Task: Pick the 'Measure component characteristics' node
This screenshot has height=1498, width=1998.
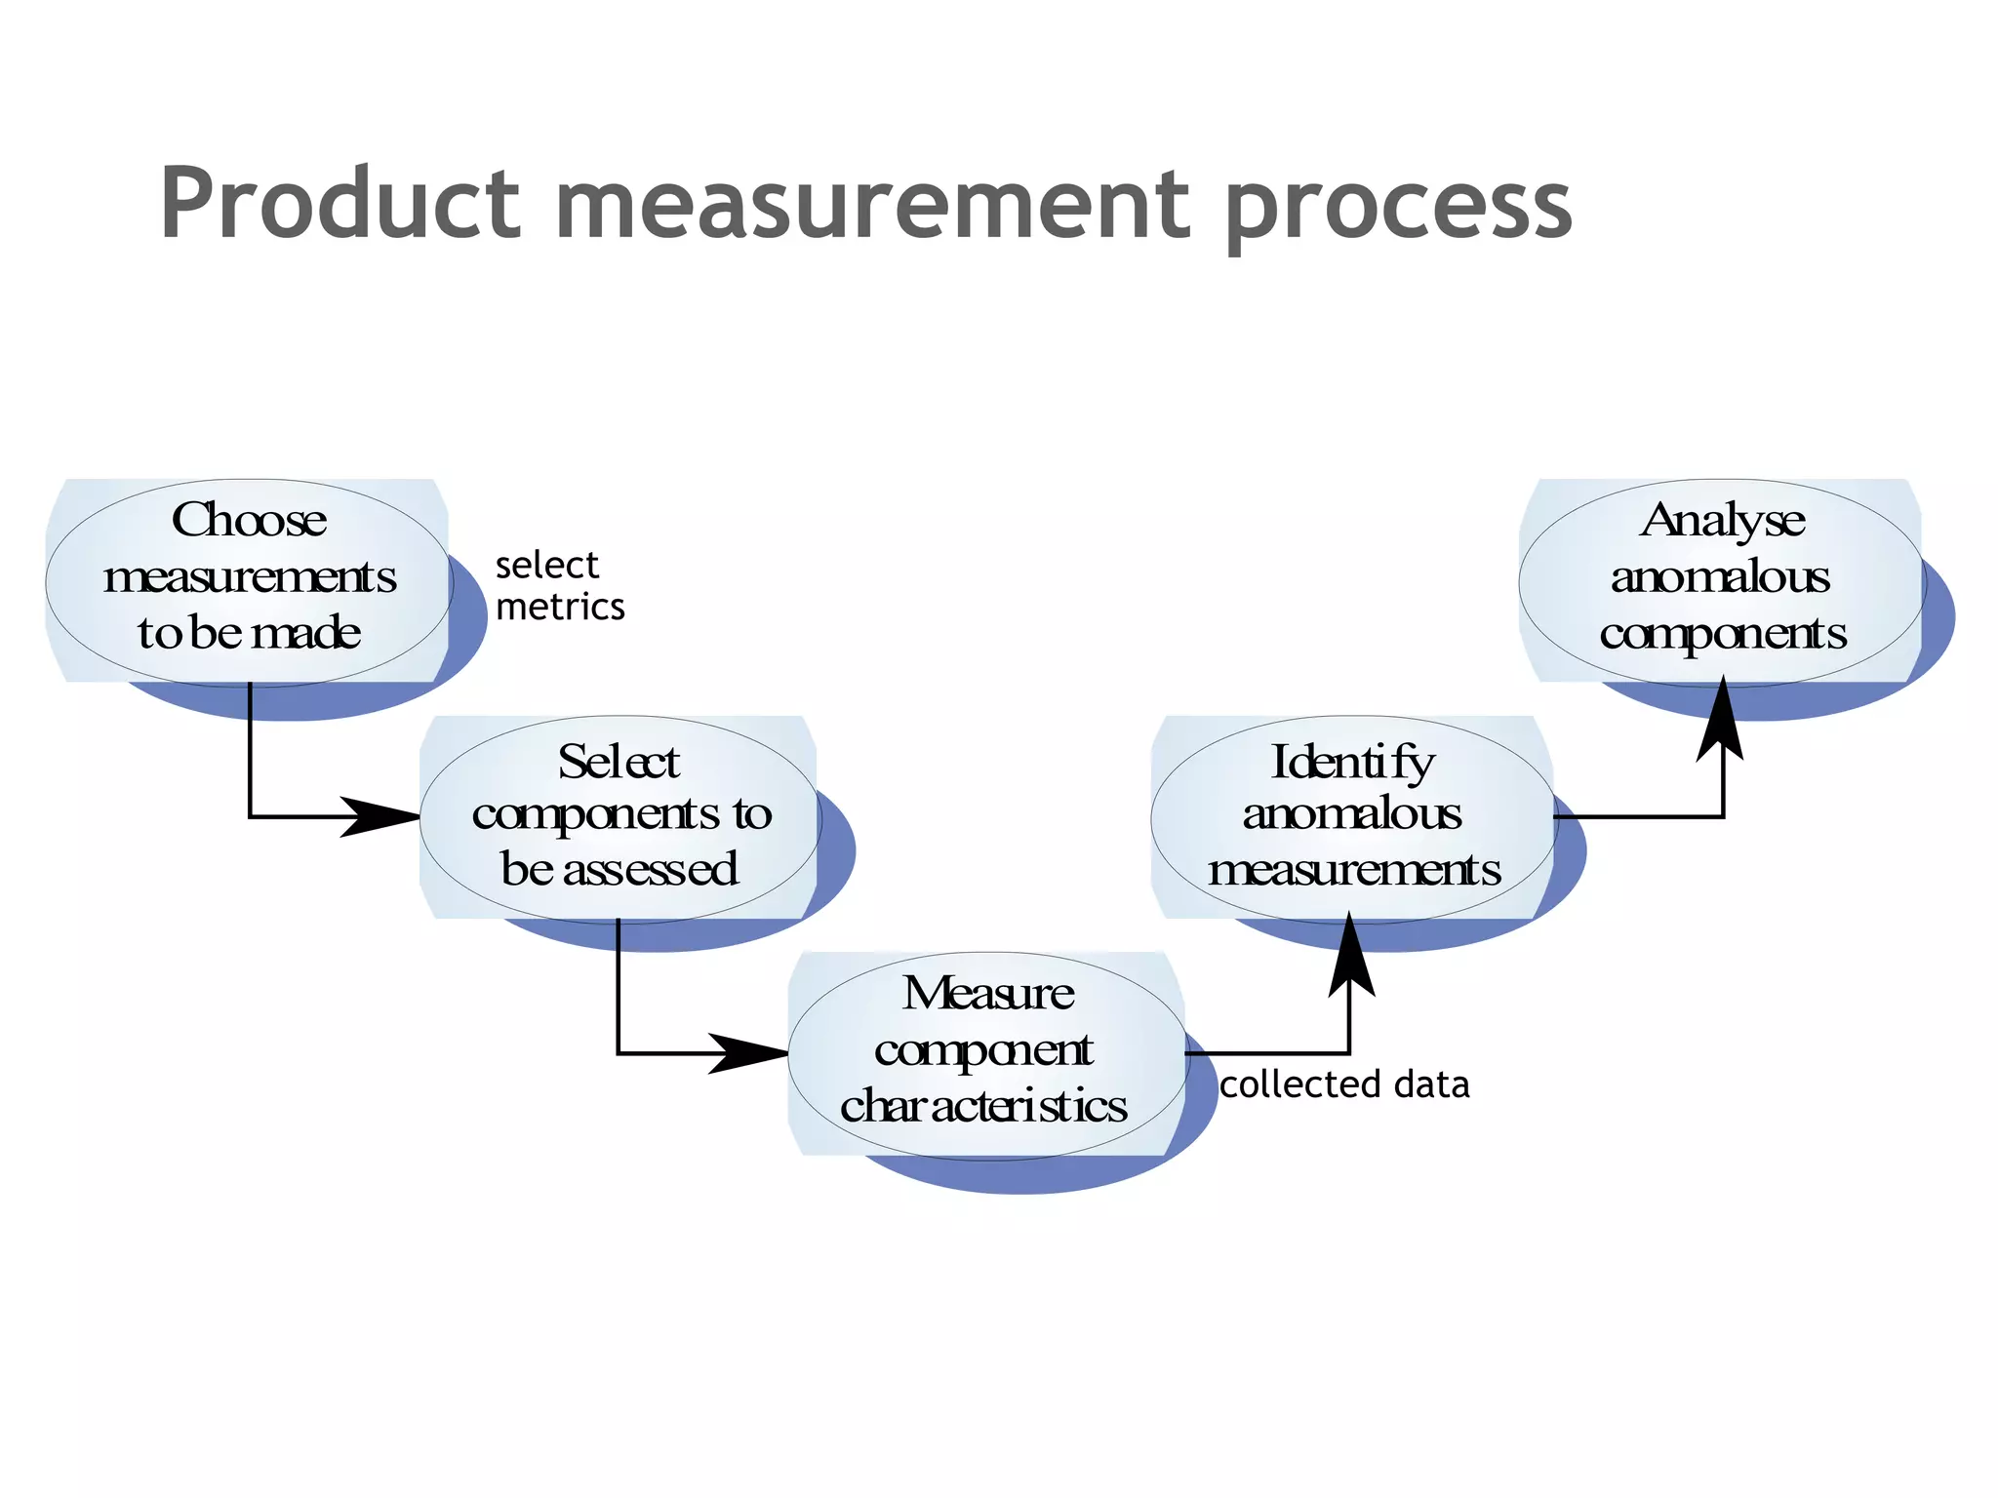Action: tap(985, 1053)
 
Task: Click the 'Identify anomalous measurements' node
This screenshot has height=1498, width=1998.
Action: tap(1352, 817)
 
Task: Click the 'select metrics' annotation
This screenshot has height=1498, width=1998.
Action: tap(559, 586)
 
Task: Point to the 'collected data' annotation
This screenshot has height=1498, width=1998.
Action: tap(1344, 1084)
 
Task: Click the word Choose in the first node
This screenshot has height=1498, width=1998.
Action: tap(249, 520)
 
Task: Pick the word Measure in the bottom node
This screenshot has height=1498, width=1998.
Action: tap(987, 994)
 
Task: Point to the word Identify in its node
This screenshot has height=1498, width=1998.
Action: tap(1352, 763)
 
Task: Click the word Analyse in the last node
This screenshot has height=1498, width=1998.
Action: tap(1722, 521)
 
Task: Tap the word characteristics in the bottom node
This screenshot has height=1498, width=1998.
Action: tap(983, 1107)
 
